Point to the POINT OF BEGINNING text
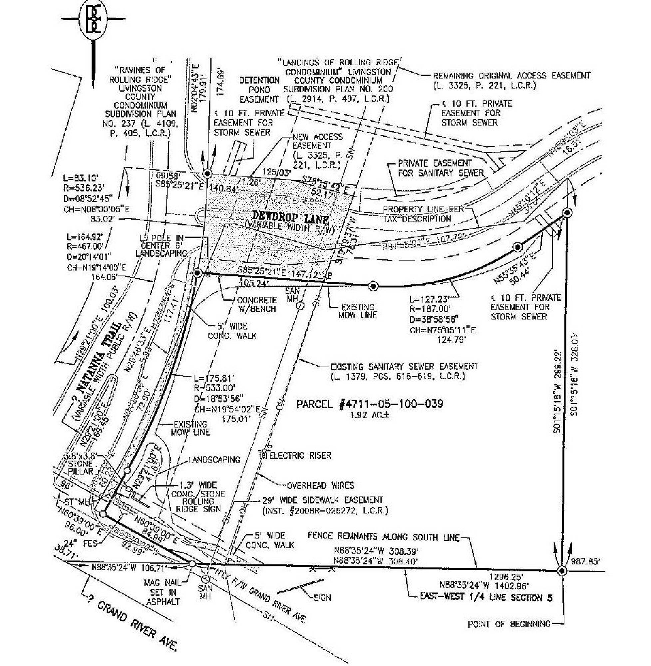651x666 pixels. (509, 624)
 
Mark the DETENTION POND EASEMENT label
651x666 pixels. (259, 90)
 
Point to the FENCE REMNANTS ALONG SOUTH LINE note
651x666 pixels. (383, 537)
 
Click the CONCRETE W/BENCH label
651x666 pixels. (256, 304)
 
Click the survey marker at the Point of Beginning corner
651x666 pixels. (561, 571)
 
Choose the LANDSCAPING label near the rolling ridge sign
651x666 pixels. (215, 460)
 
